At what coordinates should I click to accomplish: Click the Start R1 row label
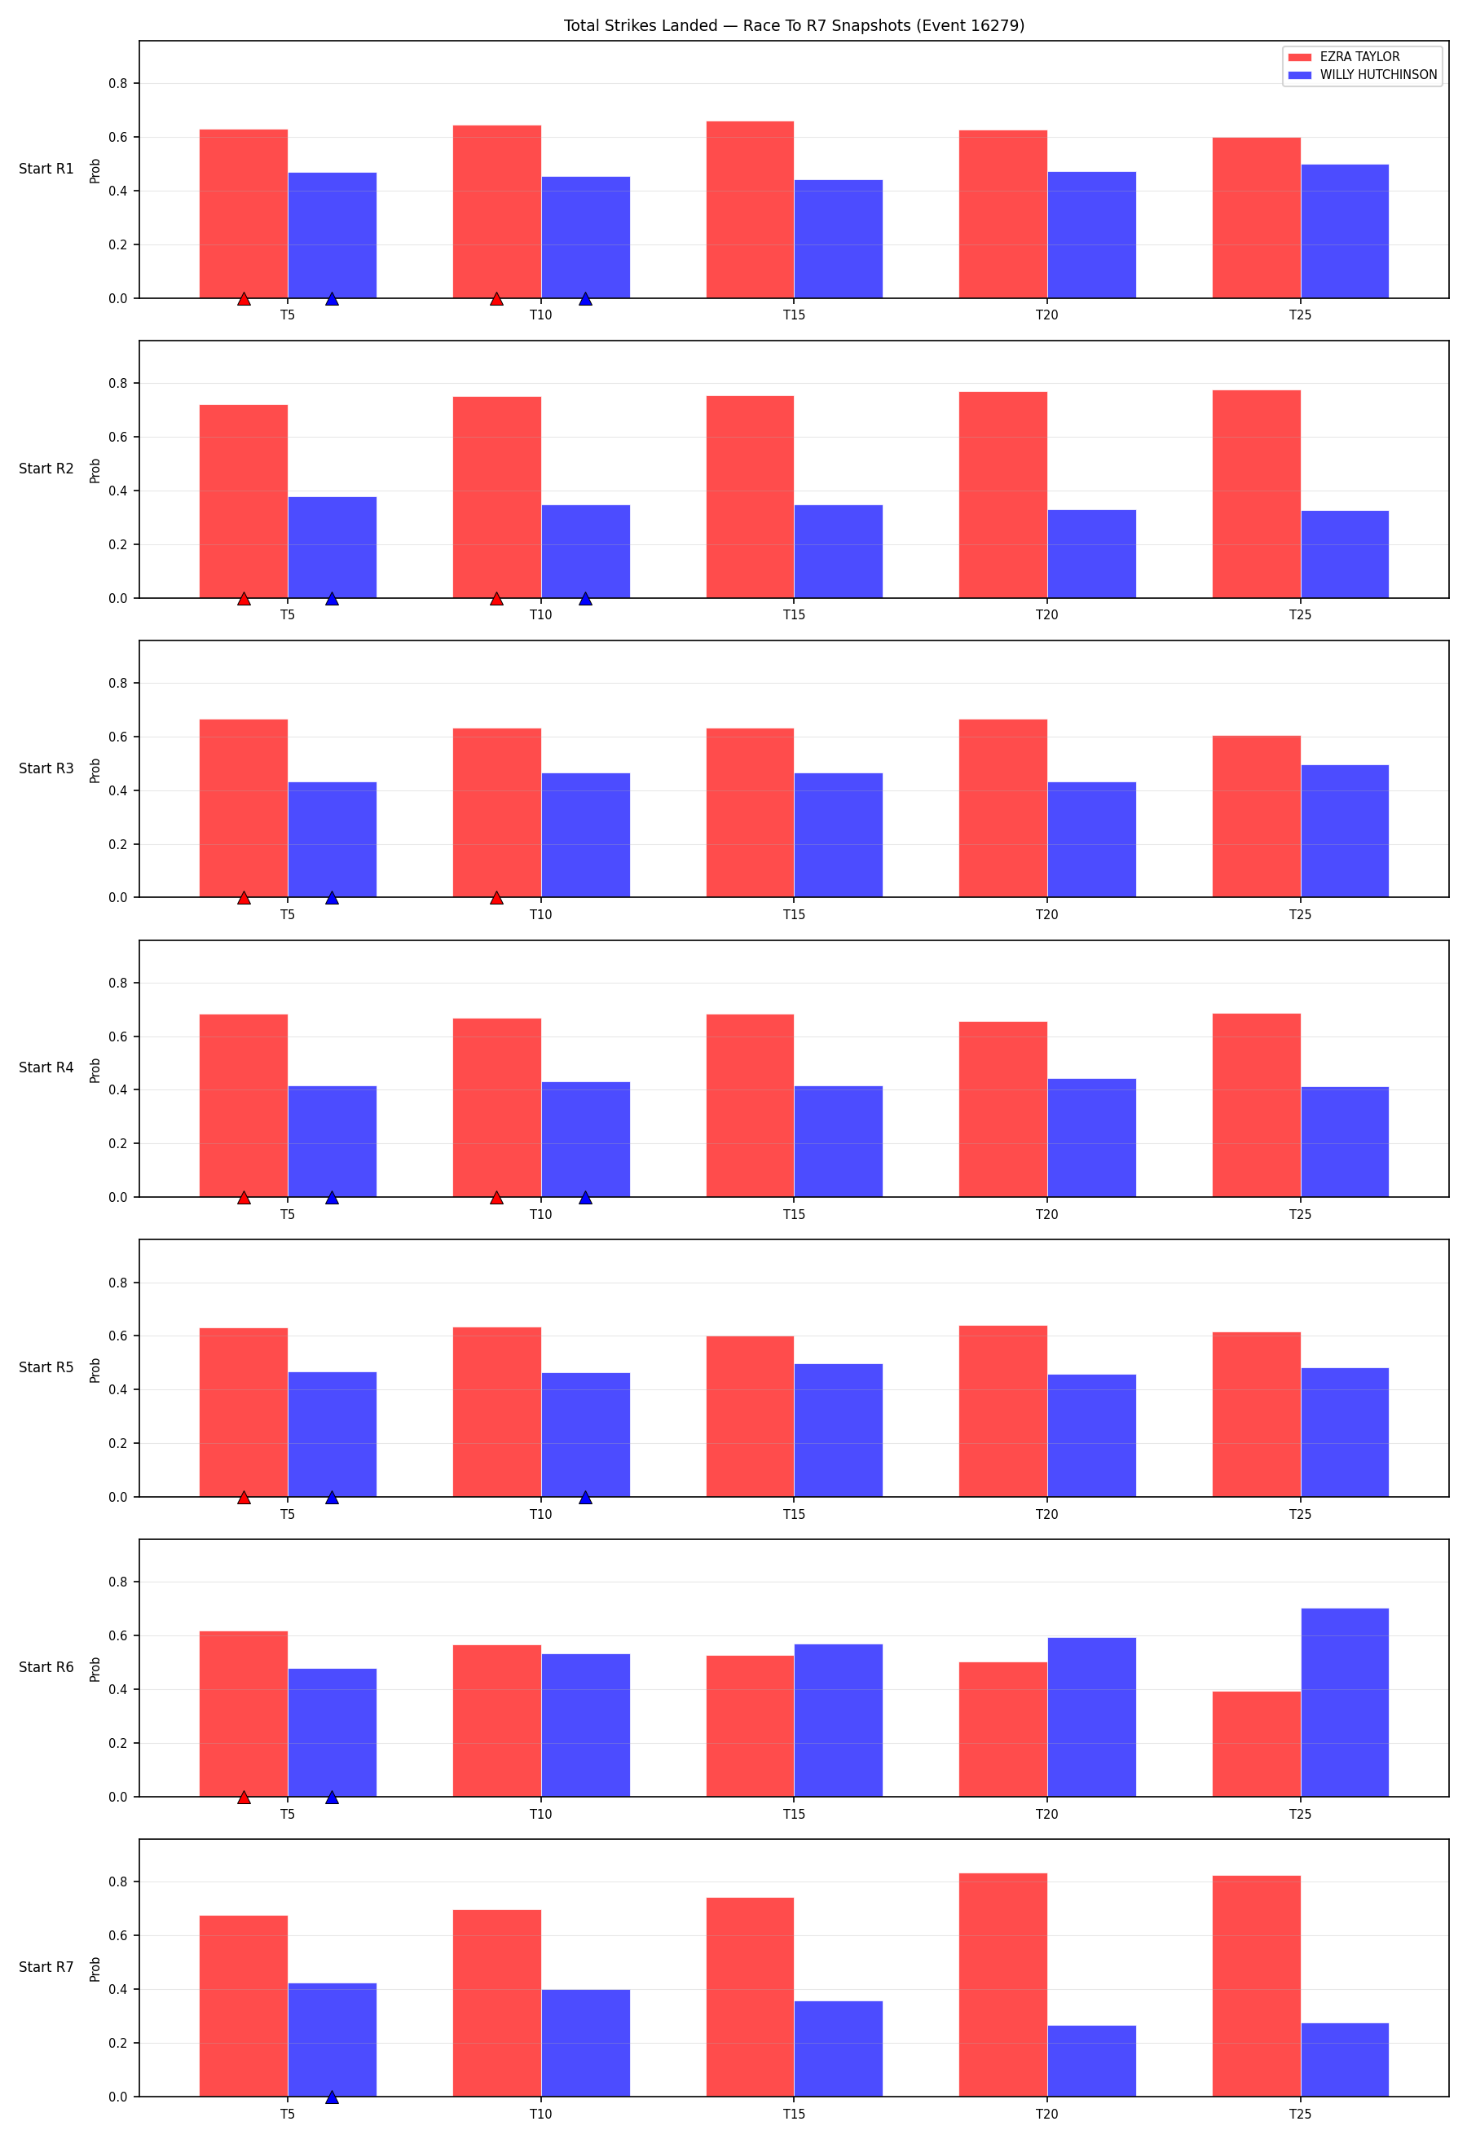(46, 169)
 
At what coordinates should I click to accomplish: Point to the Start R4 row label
(46, 1067)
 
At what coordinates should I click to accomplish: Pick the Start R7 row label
(46, 1967)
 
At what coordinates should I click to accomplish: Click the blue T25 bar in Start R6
(1345, 1703)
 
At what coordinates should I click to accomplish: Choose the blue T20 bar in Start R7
(1091, 2062)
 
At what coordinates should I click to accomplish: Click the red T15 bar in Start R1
(750, 210)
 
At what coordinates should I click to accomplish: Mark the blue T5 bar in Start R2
(333, 548)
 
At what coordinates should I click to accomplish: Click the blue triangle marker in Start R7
(333, 2097)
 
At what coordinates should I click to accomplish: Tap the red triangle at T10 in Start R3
(497, 897)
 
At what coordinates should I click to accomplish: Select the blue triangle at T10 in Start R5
(585, 1498)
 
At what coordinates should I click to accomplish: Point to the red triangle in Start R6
(244, 1797)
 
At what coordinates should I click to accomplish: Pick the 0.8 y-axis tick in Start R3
(118, 683)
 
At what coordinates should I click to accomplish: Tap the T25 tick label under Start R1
(1301, 315)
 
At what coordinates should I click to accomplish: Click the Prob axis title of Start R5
(95, 1371)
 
